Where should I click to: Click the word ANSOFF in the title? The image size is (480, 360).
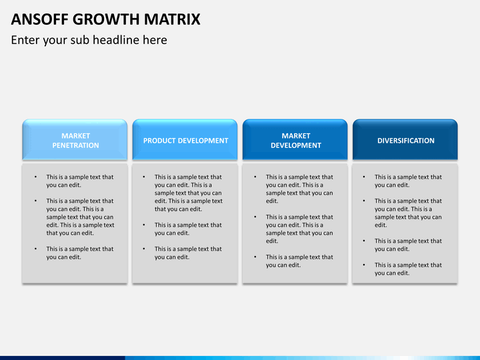[39, 19]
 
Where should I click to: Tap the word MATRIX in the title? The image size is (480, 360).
[172, 19]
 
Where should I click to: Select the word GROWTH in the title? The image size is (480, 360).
[106, 19]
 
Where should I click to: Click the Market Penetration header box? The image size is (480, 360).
[75, 139]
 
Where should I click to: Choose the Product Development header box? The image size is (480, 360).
[185, 139]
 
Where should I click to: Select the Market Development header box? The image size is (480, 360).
[295, 139]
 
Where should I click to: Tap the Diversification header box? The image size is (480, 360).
[405, 139]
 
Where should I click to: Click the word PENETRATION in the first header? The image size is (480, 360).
[75, 145]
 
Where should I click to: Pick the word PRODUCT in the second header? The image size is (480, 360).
[159, 141]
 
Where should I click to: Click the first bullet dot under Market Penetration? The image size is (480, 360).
[35, 177]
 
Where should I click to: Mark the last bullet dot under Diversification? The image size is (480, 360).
[364, 265]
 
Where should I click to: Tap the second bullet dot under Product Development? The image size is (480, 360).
[144, 225]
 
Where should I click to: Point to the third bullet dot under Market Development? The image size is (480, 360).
[255, 257]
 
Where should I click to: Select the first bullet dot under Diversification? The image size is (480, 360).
[364, 177]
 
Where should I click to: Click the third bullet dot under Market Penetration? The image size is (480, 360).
[35, 249]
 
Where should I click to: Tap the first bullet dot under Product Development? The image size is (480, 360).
[144, 177]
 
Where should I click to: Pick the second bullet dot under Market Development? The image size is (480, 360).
[255, 217]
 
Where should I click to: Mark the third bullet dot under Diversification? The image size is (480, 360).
[364, 241]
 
